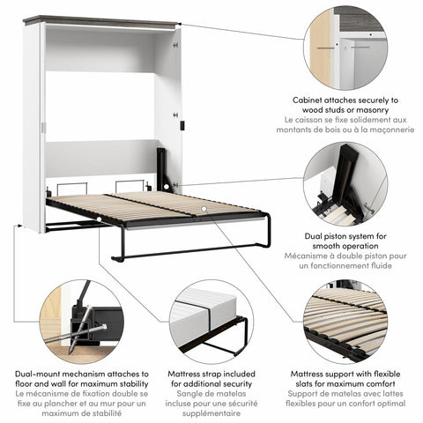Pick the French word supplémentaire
(210, 413)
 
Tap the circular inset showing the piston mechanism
(345, 187)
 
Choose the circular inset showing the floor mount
(81, 322)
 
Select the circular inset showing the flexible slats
(345, 322)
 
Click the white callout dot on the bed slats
(204, 210)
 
